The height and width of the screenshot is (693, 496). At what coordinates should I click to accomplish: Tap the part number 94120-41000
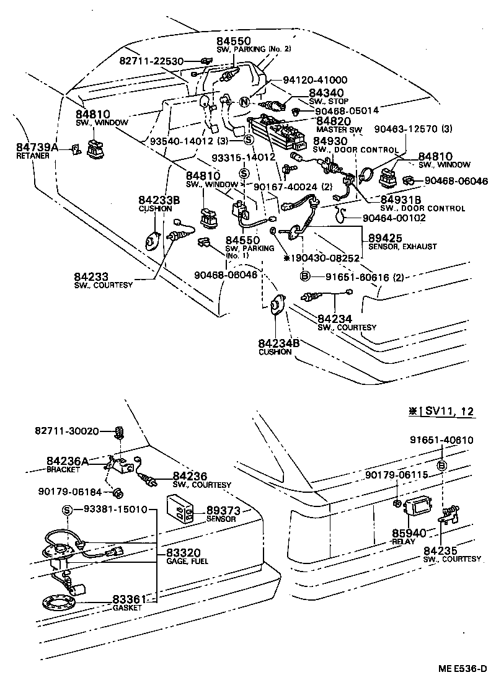(315, 80)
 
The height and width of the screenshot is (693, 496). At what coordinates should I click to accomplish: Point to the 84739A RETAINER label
(37, 151)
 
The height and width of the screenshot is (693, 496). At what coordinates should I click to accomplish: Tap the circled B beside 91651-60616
(305, 276)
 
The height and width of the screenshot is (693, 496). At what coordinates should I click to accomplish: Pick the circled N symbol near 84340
(244, 102)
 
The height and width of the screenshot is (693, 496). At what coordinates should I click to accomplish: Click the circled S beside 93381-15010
(68, 510)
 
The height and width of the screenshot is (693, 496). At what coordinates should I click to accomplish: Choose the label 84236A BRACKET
(68, 464)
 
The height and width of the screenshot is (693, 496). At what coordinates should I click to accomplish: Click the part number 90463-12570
(413, 129)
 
